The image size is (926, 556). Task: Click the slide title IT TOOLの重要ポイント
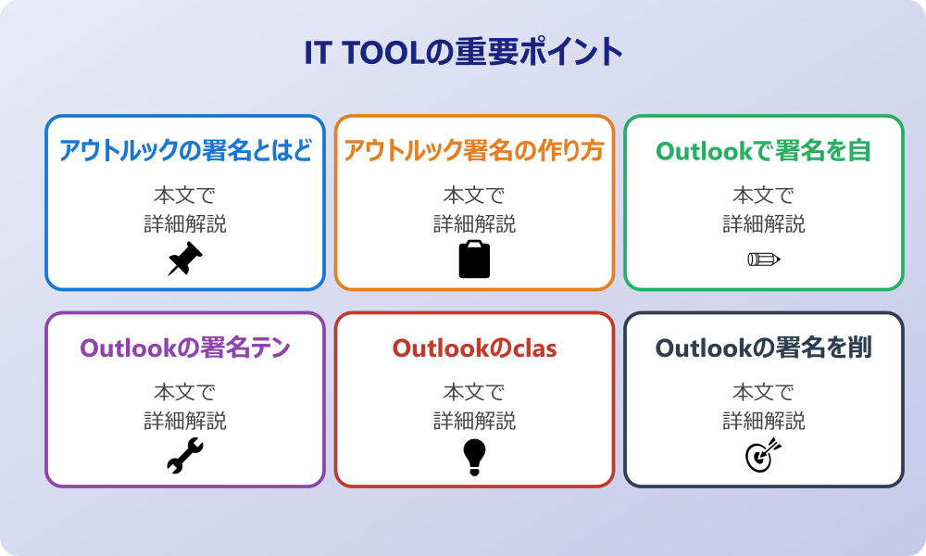click(x=463, y=52)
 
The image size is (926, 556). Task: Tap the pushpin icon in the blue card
click(x=185, y=259)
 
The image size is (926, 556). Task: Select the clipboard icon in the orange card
click(x=474, y=259)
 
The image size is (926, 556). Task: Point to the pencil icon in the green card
click(x=764, y=259)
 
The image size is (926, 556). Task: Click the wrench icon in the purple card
click(x=185, y=456)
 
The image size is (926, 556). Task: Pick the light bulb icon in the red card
click(x=474, y=457)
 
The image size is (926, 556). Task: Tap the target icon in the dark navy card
click(x=764, y=455)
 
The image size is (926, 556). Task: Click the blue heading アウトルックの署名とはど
click(x=185, y=151)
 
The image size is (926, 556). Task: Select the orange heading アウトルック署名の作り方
click(x=474, y=151)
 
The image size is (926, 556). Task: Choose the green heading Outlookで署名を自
click(x=764, y=151)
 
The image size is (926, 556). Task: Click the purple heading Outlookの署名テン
click(x=185, y=348)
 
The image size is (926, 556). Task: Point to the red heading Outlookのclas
click(x=474, y=348)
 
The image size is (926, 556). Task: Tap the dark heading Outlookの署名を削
click(x=764, y=348)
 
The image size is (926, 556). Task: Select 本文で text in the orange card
click(x=474, y=195)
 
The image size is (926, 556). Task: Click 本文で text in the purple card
click(x=185, y=392)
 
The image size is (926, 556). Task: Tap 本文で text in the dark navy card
click(x=764, y=392)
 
